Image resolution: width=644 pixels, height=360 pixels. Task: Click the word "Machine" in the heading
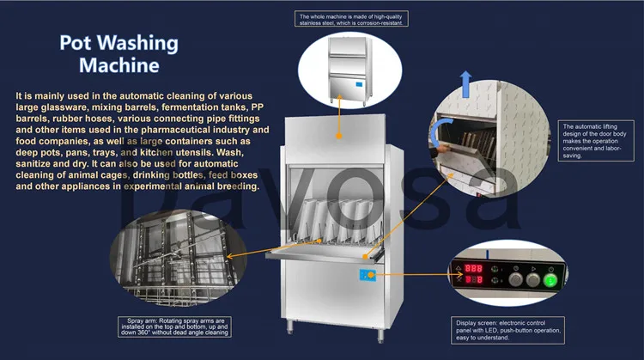coord(118,64)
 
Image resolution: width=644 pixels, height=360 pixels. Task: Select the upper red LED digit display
coord(474,269)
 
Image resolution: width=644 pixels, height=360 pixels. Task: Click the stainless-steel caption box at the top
coord(351,19)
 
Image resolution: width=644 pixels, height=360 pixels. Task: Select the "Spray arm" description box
coord(179,329)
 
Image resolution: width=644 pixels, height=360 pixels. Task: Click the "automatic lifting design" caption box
coord(592,140)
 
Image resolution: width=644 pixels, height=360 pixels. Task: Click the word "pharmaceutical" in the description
coord(192,129)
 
